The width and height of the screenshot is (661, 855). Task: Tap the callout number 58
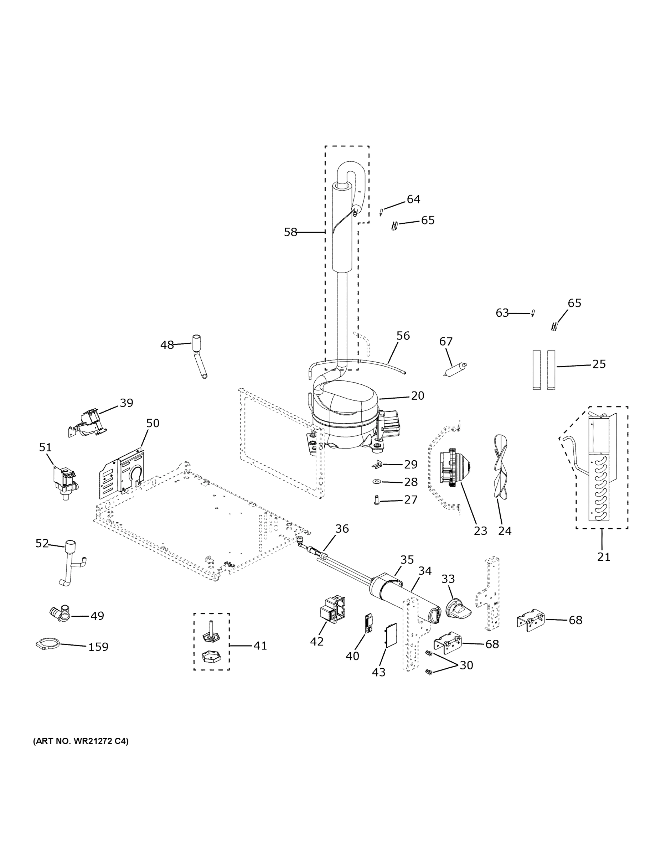(290, 233)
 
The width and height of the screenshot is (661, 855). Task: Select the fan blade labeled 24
(501, 466)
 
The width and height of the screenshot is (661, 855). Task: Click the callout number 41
(260, 646)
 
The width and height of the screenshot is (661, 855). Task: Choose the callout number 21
(603, 556)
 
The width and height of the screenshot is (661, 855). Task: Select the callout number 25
(599, 364)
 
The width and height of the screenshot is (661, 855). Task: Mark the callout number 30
(466, 665)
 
